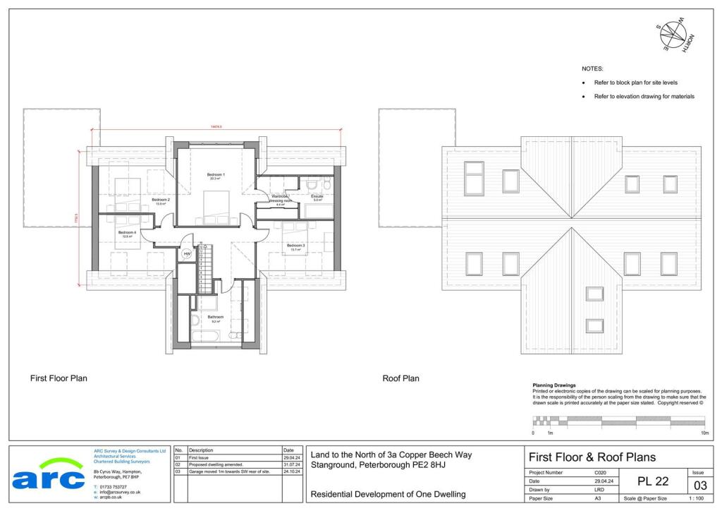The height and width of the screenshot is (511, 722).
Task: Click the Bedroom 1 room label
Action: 216,174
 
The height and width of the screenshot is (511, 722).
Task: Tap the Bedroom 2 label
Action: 161,200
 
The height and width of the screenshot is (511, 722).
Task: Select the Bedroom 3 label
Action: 295,246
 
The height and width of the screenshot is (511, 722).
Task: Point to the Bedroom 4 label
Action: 127,233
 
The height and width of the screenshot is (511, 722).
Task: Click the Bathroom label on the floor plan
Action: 215,318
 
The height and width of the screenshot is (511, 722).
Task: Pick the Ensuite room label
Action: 317,197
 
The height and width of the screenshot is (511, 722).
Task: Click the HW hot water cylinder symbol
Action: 188,254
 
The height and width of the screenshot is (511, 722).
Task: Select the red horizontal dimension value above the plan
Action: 216,126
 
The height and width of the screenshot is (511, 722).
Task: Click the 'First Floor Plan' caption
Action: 59,378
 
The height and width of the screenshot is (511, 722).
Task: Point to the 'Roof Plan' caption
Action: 400,378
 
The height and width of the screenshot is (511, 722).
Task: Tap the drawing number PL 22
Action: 653,481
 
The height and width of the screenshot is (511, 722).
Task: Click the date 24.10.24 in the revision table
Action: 292,471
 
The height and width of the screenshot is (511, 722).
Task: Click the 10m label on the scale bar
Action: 704,432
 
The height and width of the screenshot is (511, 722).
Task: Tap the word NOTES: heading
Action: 592,69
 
